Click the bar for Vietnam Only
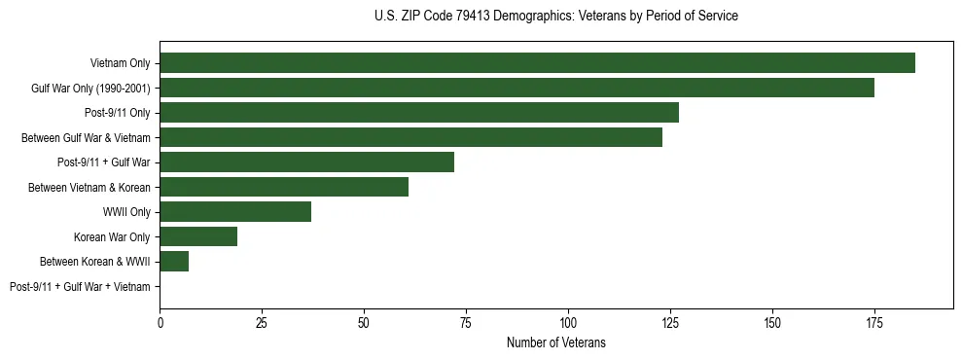[537, 63]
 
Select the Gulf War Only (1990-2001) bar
[517, 88]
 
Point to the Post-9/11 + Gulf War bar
[306, 162]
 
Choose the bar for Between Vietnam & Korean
[284, 187]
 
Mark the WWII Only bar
[235, 212]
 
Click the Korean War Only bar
[198, 236]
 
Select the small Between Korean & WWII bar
[174, 262]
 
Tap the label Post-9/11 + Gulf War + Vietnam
[80, 287]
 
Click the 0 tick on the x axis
[160, 321]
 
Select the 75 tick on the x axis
[466, 321]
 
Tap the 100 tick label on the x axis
[568, 321]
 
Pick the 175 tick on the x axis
[873, 321]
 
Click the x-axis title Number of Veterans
[555, 342]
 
